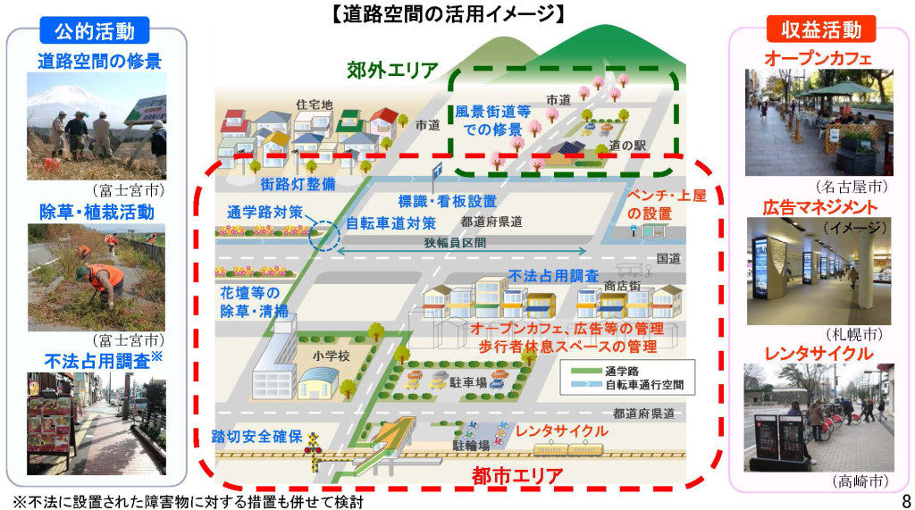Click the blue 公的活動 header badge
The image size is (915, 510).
(x=94, y=31)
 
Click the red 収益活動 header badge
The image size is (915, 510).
(x=820, y=29)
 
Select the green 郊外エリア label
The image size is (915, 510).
(x=394, y=69)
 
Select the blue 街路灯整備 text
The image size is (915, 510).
(x=274, y=184)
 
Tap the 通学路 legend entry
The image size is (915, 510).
(x=620, y=370)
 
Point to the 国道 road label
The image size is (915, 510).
(x=669, y=259)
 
